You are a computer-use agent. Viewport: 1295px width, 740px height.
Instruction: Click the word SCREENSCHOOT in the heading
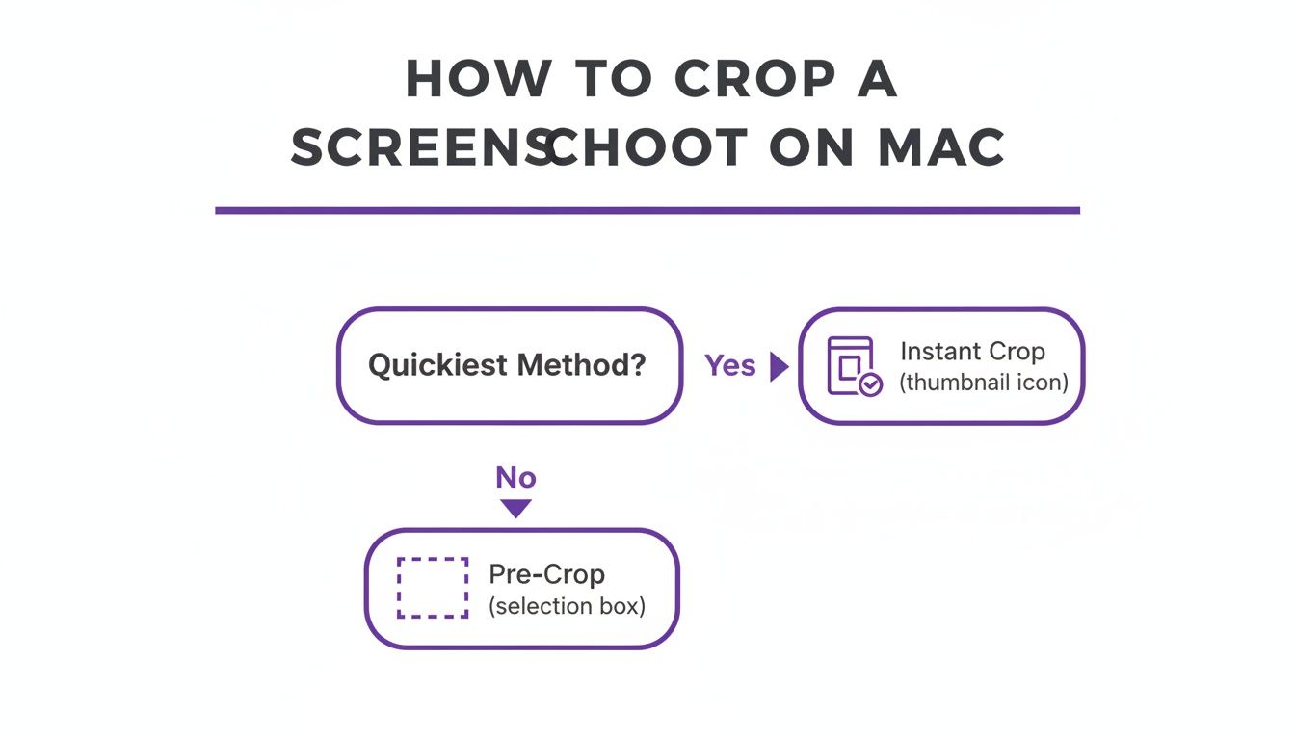coord(519,148)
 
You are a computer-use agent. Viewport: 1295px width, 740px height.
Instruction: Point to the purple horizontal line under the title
coord(647,210)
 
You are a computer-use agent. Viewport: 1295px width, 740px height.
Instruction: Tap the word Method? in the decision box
coord(581,365)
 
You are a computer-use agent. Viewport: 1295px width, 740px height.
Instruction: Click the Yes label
coord(729,365)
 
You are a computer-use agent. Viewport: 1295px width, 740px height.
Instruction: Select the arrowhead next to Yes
coord(779,366)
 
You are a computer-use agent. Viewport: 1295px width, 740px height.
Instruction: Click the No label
coord(515,477)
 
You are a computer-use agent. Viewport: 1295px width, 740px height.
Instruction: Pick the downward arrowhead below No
coord(516,508)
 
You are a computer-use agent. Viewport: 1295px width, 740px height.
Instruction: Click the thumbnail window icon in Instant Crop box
coord(849,364)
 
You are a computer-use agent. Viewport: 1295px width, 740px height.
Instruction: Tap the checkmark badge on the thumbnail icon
coord(870,384)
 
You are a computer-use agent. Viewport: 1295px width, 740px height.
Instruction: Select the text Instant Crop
coord(972,351)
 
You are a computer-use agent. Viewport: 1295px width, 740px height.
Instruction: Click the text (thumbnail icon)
coord(984,383)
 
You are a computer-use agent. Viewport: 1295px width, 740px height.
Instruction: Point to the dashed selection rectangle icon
coord(433,587)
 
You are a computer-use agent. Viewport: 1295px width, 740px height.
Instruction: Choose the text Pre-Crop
coord(546,574)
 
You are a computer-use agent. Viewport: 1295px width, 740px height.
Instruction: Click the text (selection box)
coord(567,607)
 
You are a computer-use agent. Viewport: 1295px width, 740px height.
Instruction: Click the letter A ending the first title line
coord(877,78)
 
